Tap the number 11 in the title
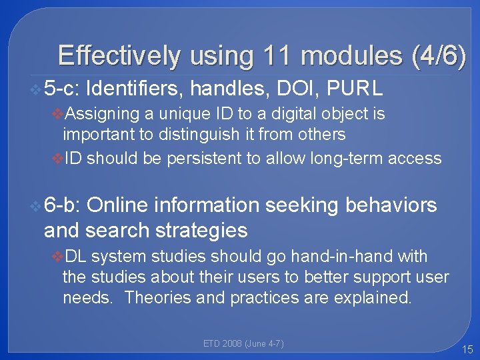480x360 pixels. [273, 56]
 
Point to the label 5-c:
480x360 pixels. [61, 87]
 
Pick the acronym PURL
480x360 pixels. [356, 87]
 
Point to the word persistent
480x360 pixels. [215, 158]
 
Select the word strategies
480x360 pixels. [201, 231]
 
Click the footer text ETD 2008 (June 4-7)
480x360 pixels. [243, 344]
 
